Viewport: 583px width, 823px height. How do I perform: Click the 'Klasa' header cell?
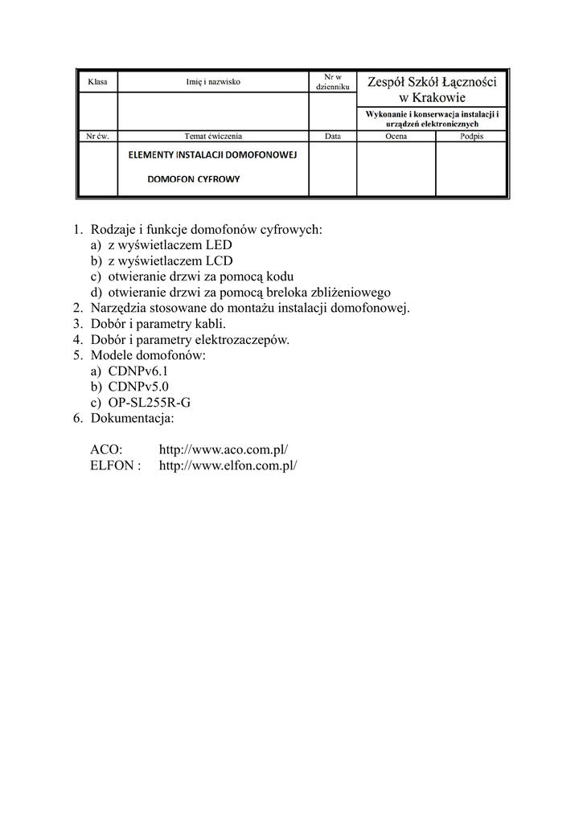tap(97, 82)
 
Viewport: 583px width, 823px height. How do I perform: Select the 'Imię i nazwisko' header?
tap(212, 82)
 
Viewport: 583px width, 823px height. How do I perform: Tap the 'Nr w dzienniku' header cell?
tap(332, 81)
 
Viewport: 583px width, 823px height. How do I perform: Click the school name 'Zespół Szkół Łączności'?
tap(432, 81)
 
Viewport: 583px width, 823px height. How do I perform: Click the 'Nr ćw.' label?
tap(97, 137)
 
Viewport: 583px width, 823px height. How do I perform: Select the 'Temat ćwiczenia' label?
tap(213, 137)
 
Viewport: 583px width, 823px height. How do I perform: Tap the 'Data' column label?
tap(332, 137)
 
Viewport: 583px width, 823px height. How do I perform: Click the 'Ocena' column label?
tap(396, 137)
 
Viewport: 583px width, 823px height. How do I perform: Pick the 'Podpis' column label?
tap(472, 137)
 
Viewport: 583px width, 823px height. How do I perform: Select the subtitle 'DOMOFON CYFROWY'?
tap(194, 179)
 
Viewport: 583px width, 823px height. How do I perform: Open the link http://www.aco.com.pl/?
tap(223, 450)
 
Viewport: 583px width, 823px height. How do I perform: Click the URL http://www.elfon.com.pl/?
tap(228, 465)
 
